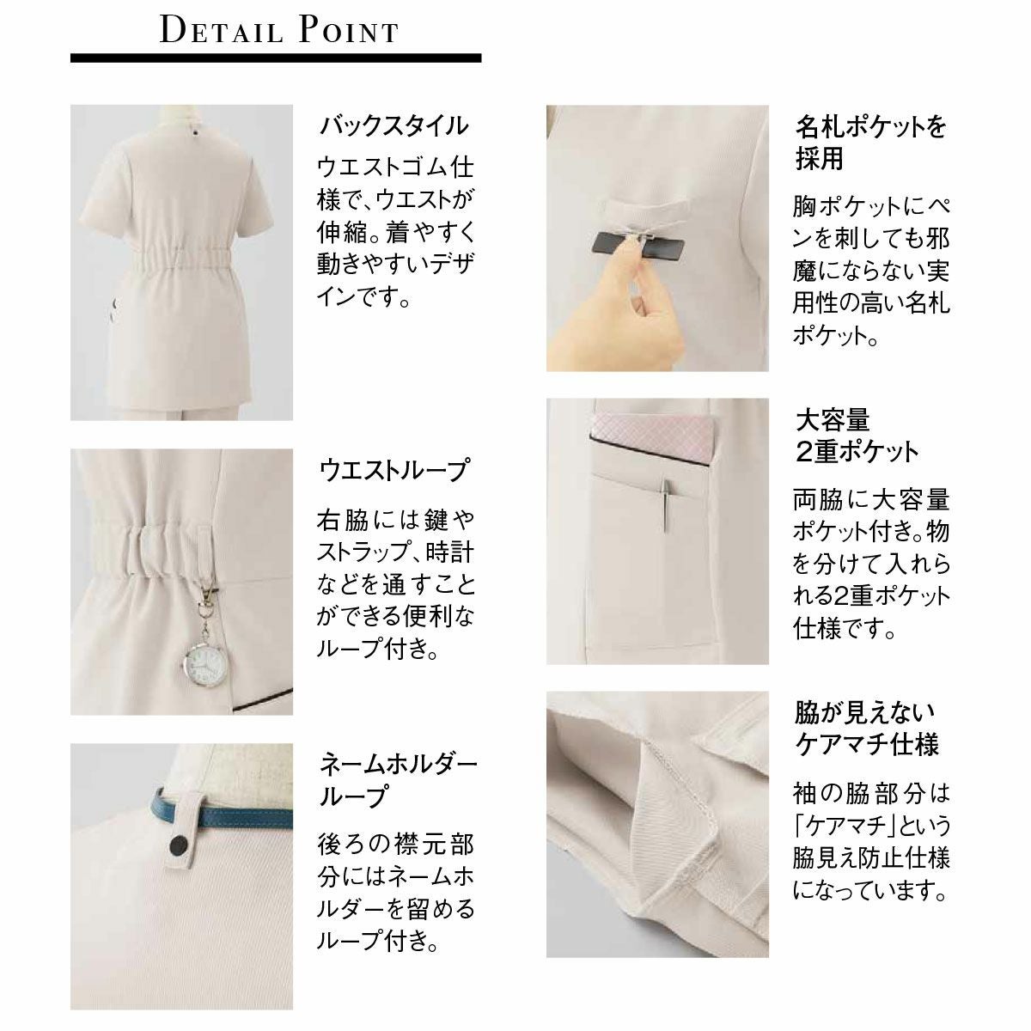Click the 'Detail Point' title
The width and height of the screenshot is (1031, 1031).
point(278,29)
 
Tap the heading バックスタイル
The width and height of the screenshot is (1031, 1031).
point(393,126)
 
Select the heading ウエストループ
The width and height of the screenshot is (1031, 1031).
point(393,471)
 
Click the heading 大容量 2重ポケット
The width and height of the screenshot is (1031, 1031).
point(857,436)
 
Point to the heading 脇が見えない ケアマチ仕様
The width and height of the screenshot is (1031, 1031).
point(866,729)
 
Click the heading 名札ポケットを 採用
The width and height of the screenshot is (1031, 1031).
point(870,143)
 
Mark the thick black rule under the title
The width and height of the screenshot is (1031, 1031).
point(276,58)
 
